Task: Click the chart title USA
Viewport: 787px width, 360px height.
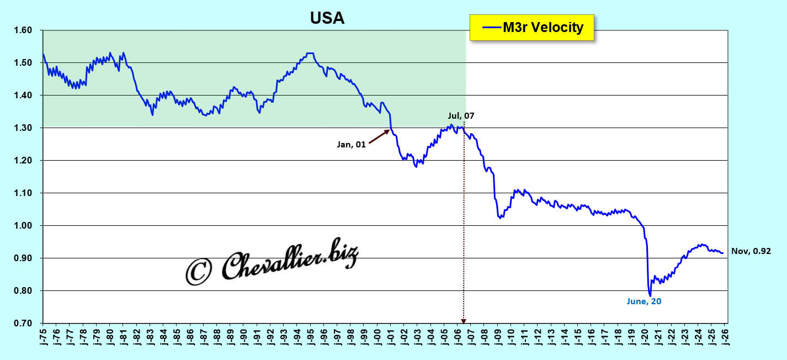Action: [x=327, y=18]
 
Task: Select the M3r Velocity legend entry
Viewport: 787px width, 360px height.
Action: [x=531, y=27]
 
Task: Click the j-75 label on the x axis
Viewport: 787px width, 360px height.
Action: [x=43, y=336]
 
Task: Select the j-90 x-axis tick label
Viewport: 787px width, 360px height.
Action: [x=244, y=336]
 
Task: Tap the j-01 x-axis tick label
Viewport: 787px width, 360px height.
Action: [x=391, y=336]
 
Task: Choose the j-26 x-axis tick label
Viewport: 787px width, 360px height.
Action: [x=726, y=336]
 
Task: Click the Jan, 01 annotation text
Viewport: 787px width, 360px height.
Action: [x=352, y=145]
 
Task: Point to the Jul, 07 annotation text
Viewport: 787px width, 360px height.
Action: [x=461, y=116]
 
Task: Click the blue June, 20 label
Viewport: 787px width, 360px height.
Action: [x=644, y=301]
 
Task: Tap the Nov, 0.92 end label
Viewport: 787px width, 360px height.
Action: [x=750, y=251]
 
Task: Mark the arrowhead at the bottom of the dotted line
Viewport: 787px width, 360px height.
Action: [x=464, y=320]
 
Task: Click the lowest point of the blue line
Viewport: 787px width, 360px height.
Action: [x=650, y=295]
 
